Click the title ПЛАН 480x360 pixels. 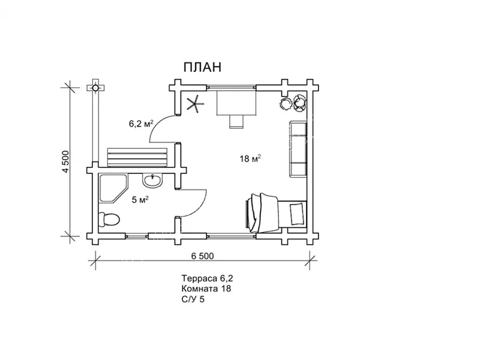[202, 67]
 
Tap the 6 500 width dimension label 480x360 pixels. [202, 256]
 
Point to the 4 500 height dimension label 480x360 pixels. [66, 161]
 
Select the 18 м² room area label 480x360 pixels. [250, 158]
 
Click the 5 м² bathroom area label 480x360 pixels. [140, 200]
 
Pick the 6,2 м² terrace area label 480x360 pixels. [141, 124]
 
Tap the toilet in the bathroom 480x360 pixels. [109, 220]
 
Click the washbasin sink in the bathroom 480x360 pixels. [152, 181]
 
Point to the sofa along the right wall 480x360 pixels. [298, 149]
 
